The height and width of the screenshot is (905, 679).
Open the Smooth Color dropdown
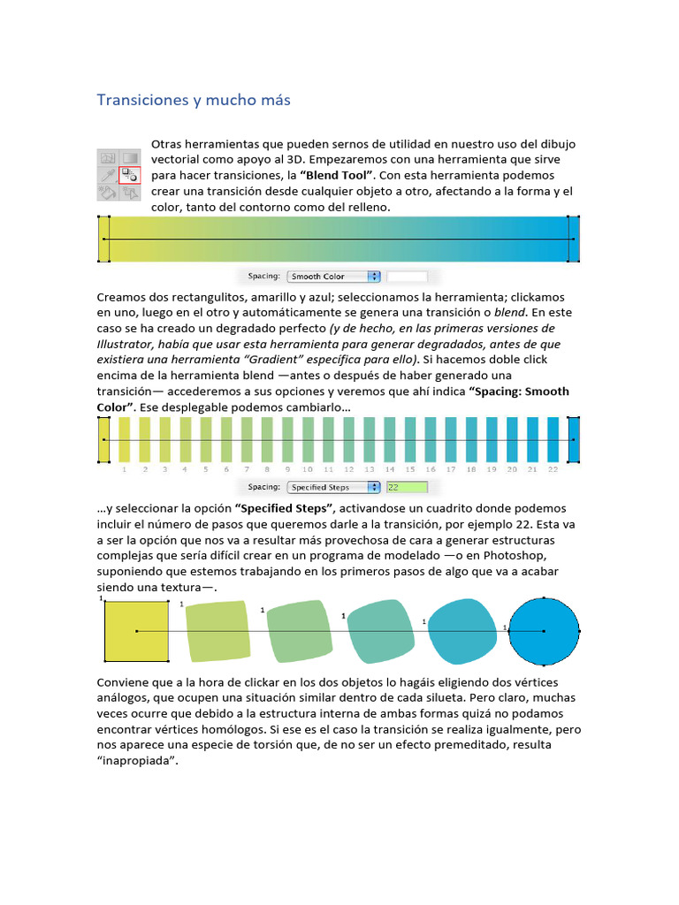pyautogui.click(x=334, y=277)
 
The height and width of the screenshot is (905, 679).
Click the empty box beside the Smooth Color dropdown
pyautogui.click(x=407, y=277)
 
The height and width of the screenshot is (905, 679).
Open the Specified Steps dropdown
pyautogui.click(x=334, y=487)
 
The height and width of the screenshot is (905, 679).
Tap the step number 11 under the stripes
pyautogui.click(x=328, y=469)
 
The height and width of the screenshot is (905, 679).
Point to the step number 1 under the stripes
pyautogui.click(x=124, y=469)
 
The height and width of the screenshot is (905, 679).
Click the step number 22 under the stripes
pyautogui.click(x=553, y=469)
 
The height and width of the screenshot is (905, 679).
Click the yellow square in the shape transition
pyautogui.click(x=136, y=631)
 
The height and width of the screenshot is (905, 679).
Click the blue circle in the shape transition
pyautogui.click(x=543, y=631)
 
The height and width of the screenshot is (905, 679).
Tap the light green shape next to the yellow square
pyautogui.click(x=217, y=631)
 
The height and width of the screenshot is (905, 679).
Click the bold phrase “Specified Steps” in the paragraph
pyautogui.click(x=284, y=509)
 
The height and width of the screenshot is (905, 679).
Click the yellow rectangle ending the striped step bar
pyautogui.click(x=103, y=440)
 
